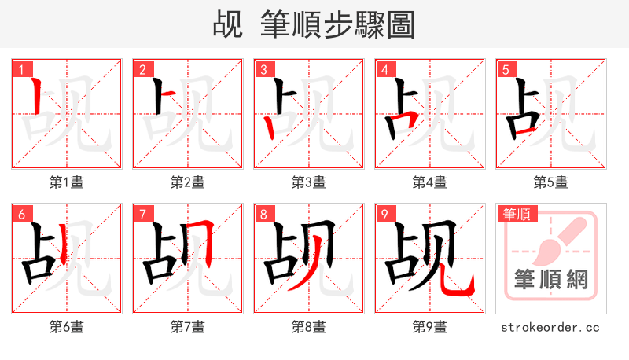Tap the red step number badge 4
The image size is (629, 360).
[384, 69]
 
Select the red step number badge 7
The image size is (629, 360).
[142, 214]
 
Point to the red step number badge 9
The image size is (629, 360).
[384, 214]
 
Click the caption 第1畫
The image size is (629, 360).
[67, 182]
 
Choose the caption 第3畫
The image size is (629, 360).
[309, 182]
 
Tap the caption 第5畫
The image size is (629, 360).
[550, 182]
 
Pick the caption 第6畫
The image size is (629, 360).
[67, 326]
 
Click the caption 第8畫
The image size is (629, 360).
[309, 326]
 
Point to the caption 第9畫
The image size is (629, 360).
[430, 326]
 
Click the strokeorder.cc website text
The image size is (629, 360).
[550, 326]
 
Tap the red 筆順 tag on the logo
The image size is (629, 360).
[517, 214]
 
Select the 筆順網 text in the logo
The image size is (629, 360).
[550, 280]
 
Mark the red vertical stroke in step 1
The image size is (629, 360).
[36, 95]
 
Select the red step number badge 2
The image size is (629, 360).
[142, 69]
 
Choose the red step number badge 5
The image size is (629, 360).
[505, 69]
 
